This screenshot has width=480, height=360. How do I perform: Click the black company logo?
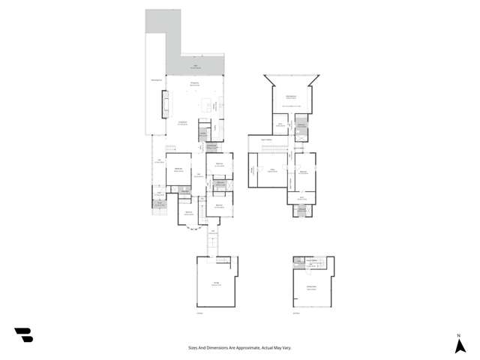23,335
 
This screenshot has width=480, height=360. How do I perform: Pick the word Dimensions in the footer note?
216,348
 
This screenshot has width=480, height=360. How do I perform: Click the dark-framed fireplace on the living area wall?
166,103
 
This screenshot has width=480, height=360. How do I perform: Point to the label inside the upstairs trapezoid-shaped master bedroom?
291,97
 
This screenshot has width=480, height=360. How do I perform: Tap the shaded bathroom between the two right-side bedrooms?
220,183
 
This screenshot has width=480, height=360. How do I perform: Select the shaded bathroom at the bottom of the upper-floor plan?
301,210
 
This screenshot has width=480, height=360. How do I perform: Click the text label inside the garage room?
216,284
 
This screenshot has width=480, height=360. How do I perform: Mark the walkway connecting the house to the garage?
212,241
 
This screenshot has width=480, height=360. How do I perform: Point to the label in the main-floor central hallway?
198,175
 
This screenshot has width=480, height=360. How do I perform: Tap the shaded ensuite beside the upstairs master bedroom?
301,127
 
